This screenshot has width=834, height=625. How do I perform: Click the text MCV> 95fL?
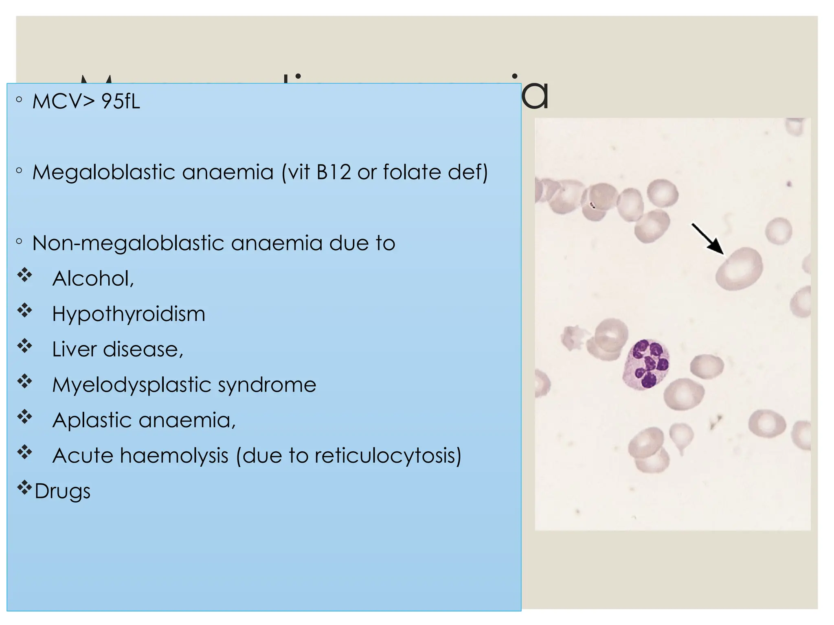pos(86,101)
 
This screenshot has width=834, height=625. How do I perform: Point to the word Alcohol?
pos(92,279)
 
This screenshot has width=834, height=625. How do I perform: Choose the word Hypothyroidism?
pos(129,315)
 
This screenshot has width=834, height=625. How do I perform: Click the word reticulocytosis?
pos(388,456)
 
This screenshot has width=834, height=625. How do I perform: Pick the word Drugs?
pos(62,491)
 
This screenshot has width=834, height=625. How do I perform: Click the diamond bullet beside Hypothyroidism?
pos(24,311)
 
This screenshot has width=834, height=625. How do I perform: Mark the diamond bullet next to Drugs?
pos(24,487)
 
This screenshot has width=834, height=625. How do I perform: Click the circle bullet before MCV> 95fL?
pos(19,99)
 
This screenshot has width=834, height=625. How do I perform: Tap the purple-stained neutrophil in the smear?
pos(647,364)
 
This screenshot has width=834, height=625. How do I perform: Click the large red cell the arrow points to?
pos(739,269)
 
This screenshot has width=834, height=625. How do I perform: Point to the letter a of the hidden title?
pos(535,96)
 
